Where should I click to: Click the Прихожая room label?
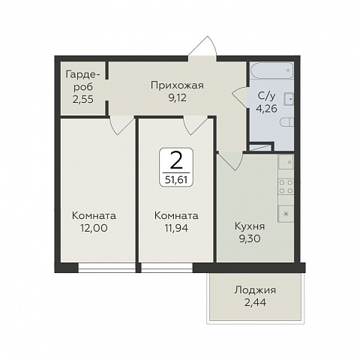(x=177, y=85)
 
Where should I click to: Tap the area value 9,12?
(x=178, y=97)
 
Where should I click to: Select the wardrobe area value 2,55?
(x=83, y=99)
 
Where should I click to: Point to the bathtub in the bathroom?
(x=271, y=70)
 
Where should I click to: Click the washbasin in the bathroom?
(x=289, y=98)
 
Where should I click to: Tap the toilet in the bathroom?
(x=287, y=122)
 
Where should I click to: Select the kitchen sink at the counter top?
(x=286, y=162)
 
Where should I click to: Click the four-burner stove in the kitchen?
(x=286, y=186)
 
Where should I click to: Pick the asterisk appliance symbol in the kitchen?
(x=286, y=214)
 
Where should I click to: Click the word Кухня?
(x=250, y=226)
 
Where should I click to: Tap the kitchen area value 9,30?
(x=250, y=238)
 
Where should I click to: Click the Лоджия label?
(x=255, y=290)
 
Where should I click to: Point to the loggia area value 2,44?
(x=255, y=303)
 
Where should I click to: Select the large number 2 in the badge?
(x=176, y=160)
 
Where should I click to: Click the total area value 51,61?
(x=176, y=179)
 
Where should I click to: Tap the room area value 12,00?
(x=94, y=228)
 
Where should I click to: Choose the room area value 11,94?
(x=176, y=228)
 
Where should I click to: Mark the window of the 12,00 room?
(x=106, y=268)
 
